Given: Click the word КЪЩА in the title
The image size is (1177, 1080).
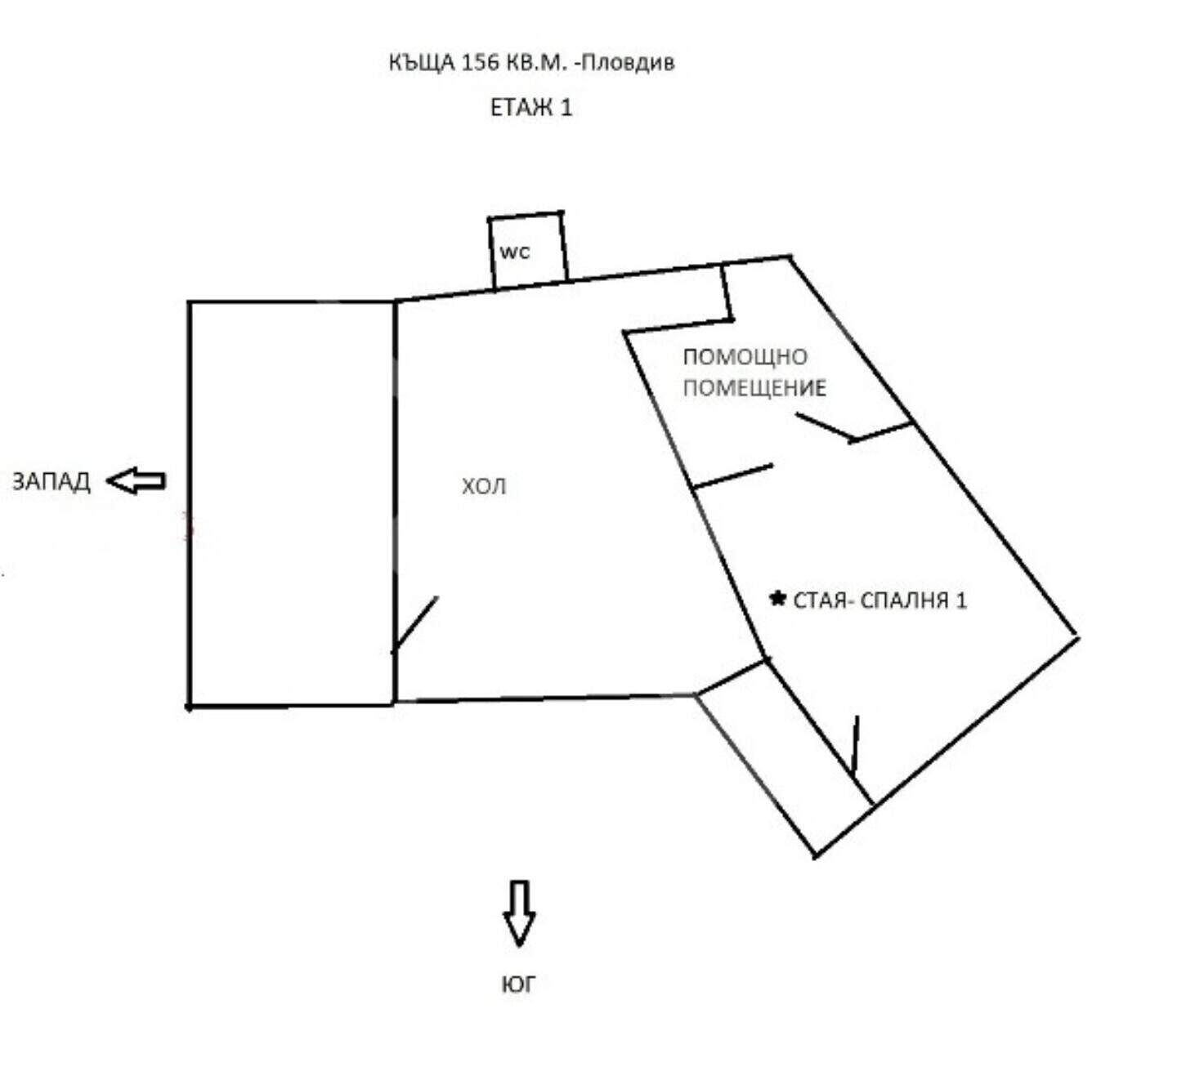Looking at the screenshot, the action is point(422,63).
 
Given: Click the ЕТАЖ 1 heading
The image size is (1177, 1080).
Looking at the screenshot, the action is point(531,108).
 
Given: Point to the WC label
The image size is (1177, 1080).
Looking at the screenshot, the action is point(515,252).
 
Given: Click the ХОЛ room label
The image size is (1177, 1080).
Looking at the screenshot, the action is point(484,486).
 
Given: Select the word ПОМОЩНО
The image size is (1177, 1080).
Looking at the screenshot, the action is point(745,357).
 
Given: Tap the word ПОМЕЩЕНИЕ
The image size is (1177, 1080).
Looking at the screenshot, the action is point(754,388).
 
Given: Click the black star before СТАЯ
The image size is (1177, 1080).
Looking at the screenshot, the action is point(777,598).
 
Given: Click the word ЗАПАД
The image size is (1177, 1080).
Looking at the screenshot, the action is point(51,482).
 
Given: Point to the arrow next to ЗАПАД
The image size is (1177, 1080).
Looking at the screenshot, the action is point(136,481).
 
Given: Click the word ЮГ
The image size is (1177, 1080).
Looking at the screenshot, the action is point(519,984).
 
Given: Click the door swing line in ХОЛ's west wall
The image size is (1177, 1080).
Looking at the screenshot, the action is point(415,623).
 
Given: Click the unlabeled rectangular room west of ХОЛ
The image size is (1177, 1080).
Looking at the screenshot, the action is point(292,504).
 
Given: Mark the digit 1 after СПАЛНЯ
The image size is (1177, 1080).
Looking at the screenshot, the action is point(960,600).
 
